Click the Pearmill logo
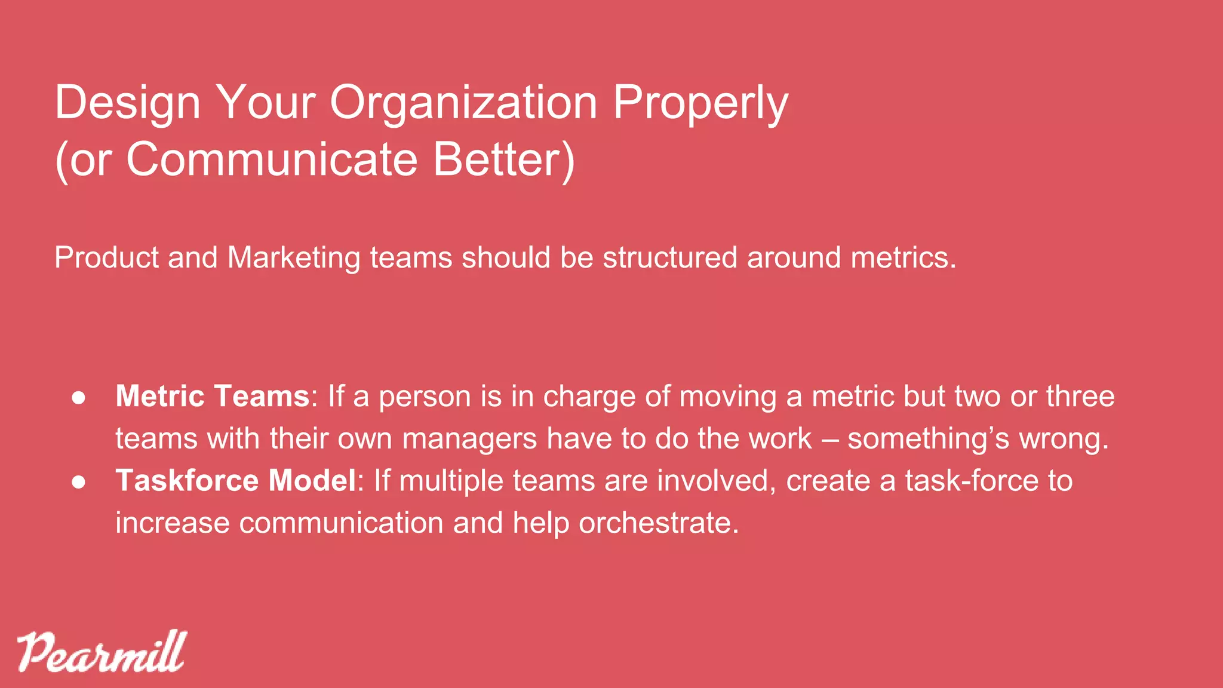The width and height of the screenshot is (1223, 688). (x=102, y=652)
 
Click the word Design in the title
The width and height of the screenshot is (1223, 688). (x=127, y=103)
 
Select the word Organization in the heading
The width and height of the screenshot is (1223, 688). (x=463, y=103)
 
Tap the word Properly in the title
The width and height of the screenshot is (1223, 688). (x=700, y=103)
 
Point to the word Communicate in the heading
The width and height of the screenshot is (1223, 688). (x=272, y=159)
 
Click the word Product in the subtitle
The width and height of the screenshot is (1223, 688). (x=106, y=258)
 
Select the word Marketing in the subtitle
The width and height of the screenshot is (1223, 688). (x=294, y=258)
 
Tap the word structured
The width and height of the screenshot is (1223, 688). (x=670, y=258)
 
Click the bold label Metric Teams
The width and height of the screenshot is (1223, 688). (x=213, y=397)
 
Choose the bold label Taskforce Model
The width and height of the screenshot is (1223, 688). (x=236, y=481)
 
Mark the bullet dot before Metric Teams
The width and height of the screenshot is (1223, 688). (x=78, y=398)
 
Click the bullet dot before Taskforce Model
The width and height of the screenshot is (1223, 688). (x=78, y=482)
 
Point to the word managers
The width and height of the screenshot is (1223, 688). (x=469, y=439)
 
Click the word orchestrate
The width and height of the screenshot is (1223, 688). (x=659, y=523)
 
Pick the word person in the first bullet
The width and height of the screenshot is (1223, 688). (x=425, y=397)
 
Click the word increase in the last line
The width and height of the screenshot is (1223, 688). (x=173, y=523)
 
